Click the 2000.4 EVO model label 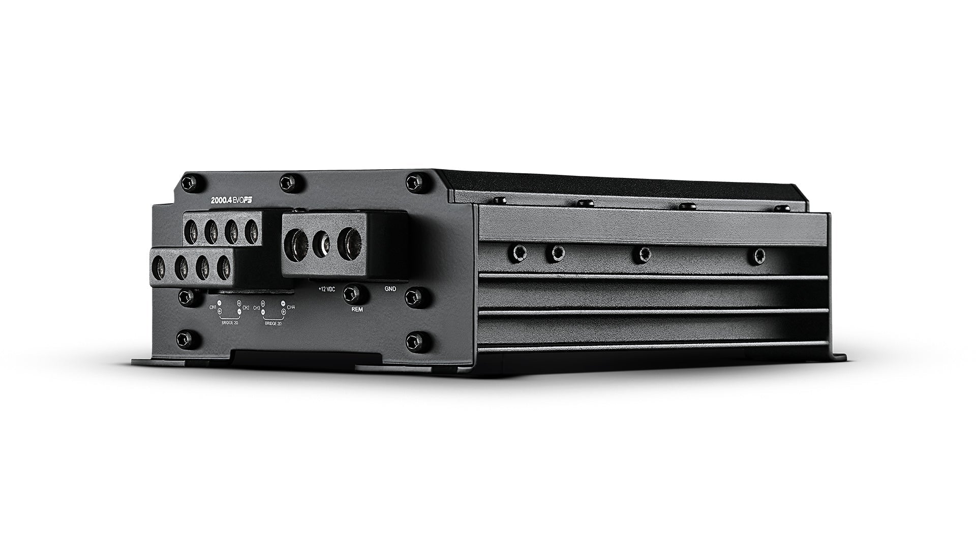point(232,200)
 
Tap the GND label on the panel point(390,288)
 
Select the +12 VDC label point(326,288)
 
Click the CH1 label point(212,307)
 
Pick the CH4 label point(291,307)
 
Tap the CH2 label point(246,308)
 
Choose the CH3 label point(256,308)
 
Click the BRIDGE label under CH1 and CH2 point(229,322)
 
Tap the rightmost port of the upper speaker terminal point(252,230)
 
